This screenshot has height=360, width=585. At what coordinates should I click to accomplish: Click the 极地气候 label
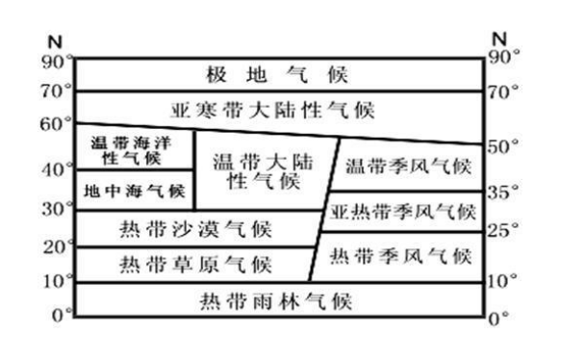(x=276, y=74)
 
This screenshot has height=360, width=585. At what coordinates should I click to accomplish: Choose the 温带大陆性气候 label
(x=256, y=169)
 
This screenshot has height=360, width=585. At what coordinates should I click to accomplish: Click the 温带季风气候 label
(x=408, y=166)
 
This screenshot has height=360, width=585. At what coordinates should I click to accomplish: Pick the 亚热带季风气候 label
(x=403, y=211)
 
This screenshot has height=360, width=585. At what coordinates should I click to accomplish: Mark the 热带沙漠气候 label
(x=196, y=229)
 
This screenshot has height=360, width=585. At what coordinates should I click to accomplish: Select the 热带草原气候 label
(x=196, y=264)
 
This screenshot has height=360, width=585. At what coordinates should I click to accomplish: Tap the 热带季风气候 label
(x=400, y=257)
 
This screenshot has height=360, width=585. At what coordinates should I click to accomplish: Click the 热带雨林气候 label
(x=275, y=301)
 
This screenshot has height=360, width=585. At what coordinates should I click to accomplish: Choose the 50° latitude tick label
(x=502, y=145)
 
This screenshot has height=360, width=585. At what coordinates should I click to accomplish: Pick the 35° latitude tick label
(x=502, y=193)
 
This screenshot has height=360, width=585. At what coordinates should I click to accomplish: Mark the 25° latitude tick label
(x=502, y=231)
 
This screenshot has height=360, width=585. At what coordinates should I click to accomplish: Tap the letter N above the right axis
(x=498, y=39)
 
